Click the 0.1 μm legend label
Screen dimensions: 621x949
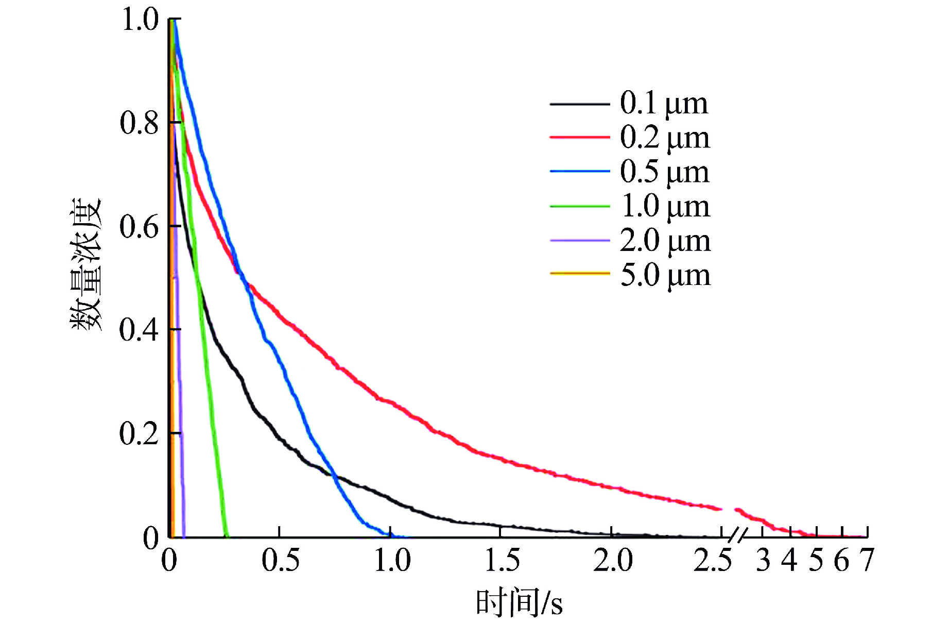click(x=664, y=104)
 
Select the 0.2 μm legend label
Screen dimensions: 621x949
click(x=664, y=138)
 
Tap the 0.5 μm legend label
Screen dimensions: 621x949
click(x=664, y=172)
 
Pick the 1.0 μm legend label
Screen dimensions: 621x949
click(x=665, y=206)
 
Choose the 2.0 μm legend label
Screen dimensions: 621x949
click(x=665, y=241)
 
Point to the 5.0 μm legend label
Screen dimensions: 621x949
click(x=665, y=275)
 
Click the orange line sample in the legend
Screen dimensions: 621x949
click(x=579, y=273)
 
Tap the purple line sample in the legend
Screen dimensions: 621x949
click(x=579, y=240)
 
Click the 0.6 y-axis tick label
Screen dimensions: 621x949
click(x=139, y=227)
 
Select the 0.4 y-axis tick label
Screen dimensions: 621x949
click(x=139, y=330)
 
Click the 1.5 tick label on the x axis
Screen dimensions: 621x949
click(x=502, y=560)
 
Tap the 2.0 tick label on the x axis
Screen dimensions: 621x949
click(x=613, y=560)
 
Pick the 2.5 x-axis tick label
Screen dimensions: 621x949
click(x=713, y=560)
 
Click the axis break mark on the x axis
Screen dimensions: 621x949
click(x=738, y=536)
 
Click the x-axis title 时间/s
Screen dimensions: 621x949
click(x=519, y=602)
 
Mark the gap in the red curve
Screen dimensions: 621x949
click(x=728, y=509)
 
